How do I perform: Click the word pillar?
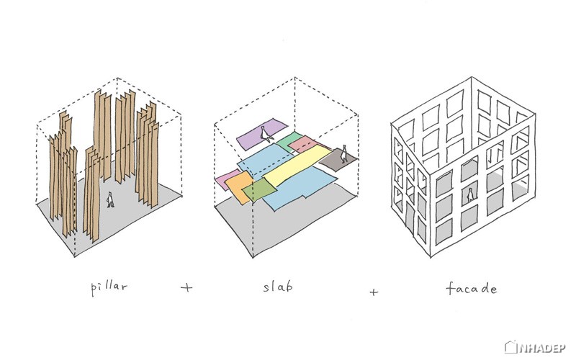click(x=109, y=287)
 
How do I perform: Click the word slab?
click(x=278, y=286)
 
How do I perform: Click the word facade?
click(x=472, y=288)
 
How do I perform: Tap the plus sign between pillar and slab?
click(x=186, y=287)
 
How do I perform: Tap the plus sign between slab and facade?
click(x=374, y=292)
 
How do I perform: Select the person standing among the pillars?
click(x=110, y=200)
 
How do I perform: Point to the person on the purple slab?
click(x=265, y=134)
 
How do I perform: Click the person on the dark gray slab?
click(x=344, y=153)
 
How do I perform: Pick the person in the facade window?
click(x=470, y=195)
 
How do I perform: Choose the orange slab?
click(x=239, y=187)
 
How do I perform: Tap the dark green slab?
click(x=259, y=190)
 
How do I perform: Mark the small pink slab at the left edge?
click(x=227, y=179)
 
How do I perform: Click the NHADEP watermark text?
click(x=542, y=348)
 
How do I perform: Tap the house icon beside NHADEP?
click(x=510, y=347)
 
